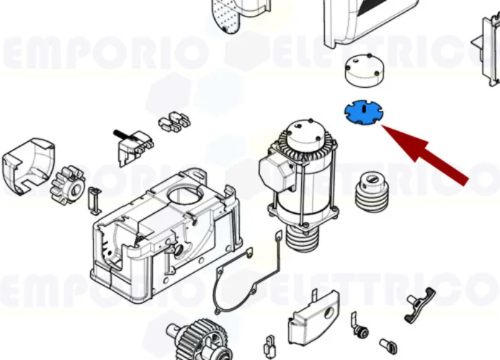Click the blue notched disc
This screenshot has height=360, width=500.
(364, 112)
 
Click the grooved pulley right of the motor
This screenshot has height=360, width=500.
(374, 190)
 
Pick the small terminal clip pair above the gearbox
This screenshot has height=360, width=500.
(172, 122)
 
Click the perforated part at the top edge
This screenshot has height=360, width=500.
(231, 14)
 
